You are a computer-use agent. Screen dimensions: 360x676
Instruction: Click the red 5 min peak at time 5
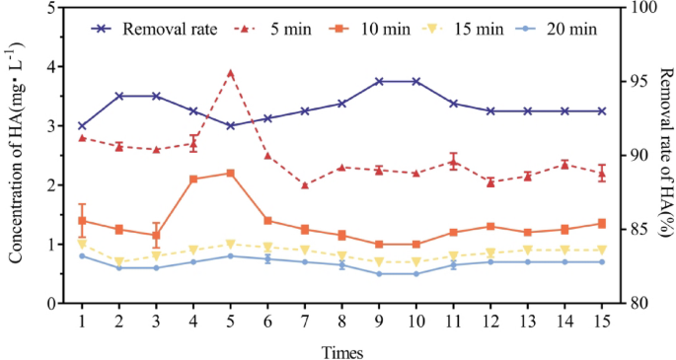pos(230,72)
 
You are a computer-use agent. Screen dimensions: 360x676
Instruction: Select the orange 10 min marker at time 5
pos(230,173)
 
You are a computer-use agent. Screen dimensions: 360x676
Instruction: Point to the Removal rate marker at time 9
pos(379,81)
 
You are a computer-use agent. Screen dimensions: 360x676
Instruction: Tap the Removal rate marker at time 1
pos(82,126)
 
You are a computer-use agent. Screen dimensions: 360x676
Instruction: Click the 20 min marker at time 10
pos(415,273)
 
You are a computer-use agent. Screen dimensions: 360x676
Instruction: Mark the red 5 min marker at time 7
pos(304,184)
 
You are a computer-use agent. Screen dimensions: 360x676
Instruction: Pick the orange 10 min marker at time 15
pos(601,223)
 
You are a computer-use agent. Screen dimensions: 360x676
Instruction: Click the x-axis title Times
pos(342,350)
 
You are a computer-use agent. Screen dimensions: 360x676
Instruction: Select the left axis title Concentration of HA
pos(17,155)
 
